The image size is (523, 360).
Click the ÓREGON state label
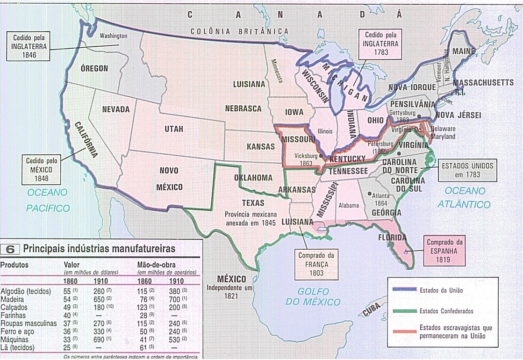94,68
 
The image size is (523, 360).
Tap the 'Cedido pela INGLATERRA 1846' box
29,46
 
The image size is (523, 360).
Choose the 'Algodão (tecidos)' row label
25,291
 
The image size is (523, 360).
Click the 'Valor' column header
72,264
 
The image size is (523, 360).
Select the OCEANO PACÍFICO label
47,200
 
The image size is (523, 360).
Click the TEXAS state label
253,203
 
